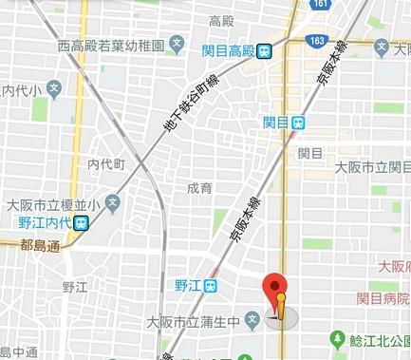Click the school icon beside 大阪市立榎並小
point(113,202)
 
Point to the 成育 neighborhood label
point(199,188)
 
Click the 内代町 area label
point(107,163)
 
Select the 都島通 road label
point(39,245)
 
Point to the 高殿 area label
point(221,21)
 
